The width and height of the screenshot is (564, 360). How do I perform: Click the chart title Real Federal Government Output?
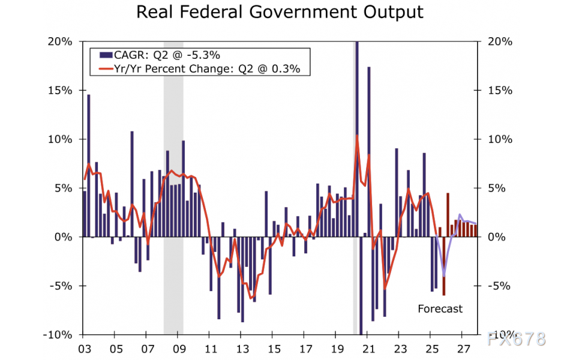280,12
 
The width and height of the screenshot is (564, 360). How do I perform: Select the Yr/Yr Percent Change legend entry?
204,69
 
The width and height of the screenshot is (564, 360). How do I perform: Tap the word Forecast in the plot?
440,309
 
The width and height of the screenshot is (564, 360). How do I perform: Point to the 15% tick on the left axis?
61,90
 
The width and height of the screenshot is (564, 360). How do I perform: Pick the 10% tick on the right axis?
500,139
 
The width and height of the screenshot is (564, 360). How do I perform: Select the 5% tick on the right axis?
497,188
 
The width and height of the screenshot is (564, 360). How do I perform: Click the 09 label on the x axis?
179,349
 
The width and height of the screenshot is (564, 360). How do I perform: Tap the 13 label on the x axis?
242,349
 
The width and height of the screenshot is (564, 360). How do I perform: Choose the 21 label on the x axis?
368,349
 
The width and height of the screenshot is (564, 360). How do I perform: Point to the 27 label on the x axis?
463,349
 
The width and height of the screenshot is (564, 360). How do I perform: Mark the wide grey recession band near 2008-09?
173,180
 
